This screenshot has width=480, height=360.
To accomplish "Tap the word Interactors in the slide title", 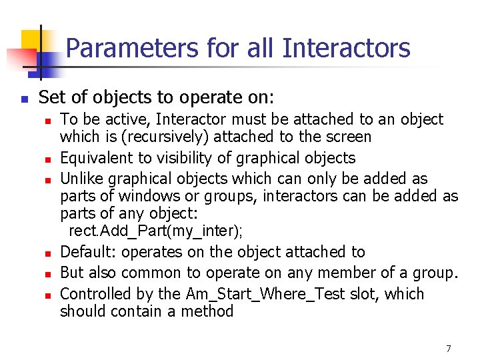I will coord(346,48).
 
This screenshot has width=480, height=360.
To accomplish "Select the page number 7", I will coord(449,349).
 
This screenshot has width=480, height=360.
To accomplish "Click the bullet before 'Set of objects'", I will coord(23,99).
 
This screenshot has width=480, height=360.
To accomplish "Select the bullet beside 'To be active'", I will coord(48,121).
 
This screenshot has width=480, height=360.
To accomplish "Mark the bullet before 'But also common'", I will coord(48,274).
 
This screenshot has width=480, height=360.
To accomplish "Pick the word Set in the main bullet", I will coord(51,98).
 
